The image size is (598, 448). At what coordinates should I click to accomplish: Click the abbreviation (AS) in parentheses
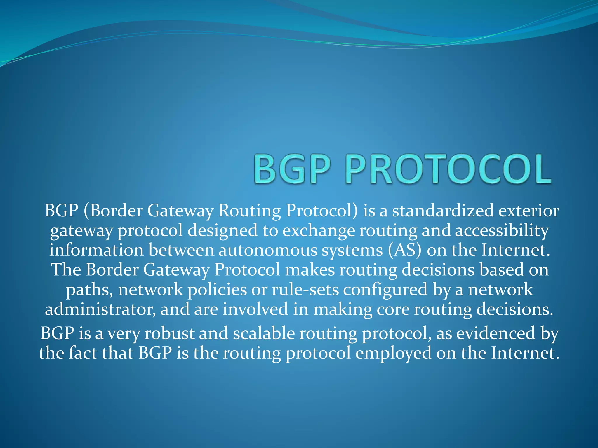pos(404,250)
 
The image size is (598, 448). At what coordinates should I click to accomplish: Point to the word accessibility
pos(502,230)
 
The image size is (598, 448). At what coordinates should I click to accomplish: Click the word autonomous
pos(268,250)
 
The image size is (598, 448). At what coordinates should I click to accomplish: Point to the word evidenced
pos(496,333)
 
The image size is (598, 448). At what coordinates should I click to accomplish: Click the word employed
pos(393,353)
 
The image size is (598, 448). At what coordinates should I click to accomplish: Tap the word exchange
pos(319,230)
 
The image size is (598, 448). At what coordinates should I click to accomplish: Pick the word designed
pos(222,230)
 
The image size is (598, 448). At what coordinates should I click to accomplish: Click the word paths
pos(89,290)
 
